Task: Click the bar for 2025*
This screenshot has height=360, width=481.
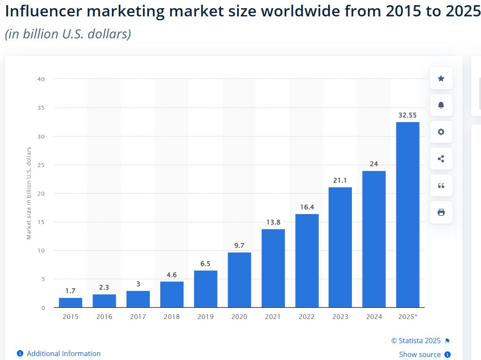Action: click(408, 215)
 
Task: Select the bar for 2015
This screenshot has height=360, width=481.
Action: click(70, 303)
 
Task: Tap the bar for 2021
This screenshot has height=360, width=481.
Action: click(273, 268)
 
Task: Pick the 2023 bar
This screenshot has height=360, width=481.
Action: click(340, 247)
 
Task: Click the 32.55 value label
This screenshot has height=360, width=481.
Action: click(408, 115)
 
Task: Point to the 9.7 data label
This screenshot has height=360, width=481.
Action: click(239, 246)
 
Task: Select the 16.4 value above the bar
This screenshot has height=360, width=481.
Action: click(307, 207)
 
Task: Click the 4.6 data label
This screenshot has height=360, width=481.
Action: click(171, 275)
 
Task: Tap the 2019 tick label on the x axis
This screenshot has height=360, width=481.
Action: click(206, 316)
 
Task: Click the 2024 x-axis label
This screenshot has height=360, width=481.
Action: click(374, 316)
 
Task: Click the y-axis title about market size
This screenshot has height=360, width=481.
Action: click(29, 193)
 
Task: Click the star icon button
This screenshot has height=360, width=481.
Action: click(441, 79)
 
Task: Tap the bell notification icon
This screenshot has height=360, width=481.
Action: click(441, 105)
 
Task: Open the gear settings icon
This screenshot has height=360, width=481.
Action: click(441, 132)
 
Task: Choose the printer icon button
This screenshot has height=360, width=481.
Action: click(441, 212)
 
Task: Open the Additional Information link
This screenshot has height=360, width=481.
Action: click(63, 354)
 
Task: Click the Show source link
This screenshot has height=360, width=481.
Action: click(420, 354)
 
